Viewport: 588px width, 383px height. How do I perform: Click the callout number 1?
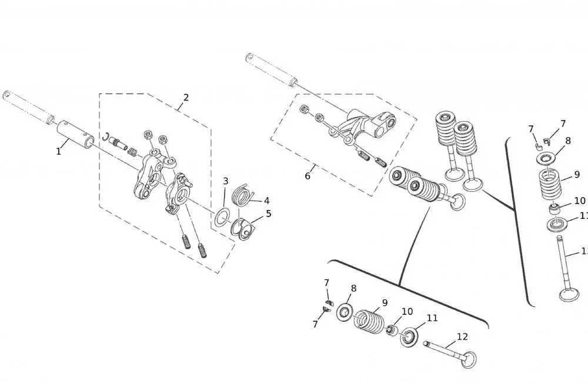point(58,152)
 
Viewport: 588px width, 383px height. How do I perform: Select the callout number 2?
point(186,98)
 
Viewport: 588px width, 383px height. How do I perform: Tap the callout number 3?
point(225,181)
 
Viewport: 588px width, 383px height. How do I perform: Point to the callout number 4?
point(266,201)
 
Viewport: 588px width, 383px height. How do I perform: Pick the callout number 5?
point(269,214)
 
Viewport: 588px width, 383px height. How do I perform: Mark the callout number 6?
point(308,176)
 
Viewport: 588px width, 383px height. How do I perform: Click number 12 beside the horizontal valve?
point(462,337)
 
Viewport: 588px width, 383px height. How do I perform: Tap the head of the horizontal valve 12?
point(469,359)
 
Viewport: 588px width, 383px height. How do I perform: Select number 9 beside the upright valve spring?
point(577,175)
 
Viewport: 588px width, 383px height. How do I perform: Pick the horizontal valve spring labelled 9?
point(369,320)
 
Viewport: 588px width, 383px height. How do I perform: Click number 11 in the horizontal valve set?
point(432,318)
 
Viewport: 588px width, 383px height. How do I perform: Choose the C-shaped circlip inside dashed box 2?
point(106,138)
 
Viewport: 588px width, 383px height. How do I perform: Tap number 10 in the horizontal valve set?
point(407,312)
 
